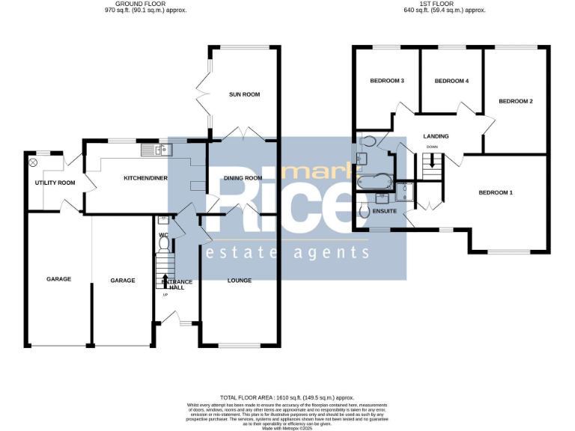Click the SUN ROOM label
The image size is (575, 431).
click(244, 94)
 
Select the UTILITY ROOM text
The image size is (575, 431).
click(55, 183)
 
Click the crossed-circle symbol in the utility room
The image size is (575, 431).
click(33, 162)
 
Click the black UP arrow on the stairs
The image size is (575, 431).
click(165, 281)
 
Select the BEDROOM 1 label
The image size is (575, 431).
click(496, 193)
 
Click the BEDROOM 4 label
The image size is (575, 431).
click(451, 81)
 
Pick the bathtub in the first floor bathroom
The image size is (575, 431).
click(374, 181)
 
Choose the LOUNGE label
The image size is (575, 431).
click(240, 281)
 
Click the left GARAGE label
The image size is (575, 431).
click(59, 279)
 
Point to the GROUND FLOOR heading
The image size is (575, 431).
click(146, 4)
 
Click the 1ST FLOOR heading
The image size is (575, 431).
click(445, 4)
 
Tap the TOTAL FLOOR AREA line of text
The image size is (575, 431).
click(287, 398)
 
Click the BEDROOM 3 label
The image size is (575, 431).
click(387, 81)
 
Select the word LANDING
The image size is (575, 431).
click(436, 136)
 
